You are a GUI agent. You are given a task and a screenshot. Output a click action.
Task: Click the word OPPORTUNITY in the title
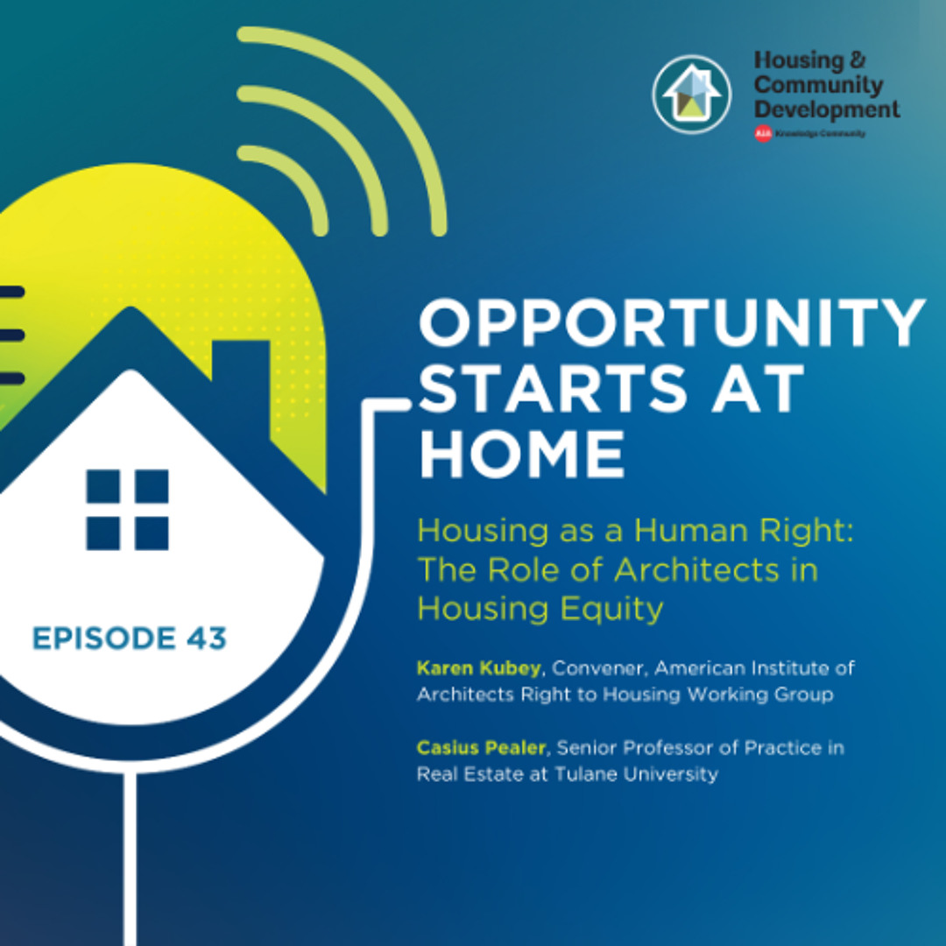tap(672, 323)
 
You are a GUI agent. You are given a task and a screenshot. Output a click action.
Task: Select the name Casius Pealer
tap(483, 750)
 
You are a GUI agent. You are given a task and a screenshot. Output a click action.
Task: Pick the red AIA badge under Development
tap(763, 134)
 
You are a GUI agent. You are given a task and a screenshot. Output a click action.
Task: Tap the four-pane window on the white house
tap(127, 510)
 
